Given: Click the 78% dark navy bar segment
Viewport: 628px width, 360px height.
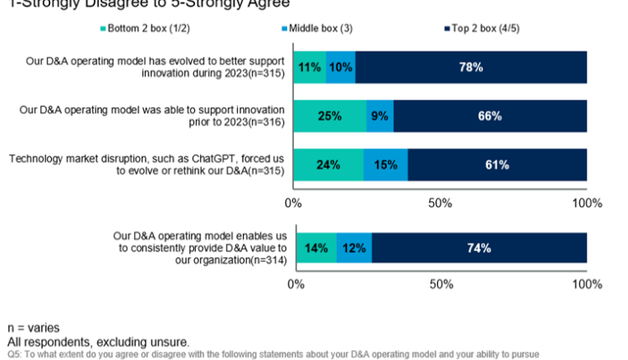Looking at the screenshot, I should pyautogui.click(x=471, y=67).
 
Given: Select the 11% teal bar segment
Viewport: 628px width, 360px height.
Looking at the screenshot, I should pyautogui.click(x=310, y=67).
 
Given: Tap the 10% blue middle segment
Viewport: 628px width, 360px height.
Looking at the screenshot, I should pyautogui.click(x=340, y=67).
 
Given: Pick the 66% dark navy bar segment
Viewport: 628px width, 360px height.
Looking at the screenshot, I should pyautogui.click(x=490, y=116).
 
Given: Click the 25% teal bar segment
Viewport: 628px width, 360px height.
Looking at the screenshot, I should pyautogui.click(x=330, y=116).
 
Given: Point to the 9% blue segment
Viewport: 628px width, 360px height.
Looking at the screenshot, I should pyautogui.click(x=380, y=116).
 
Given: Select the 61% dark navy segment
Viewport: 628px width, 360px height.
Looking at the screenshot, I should pyautogui.click(x=497, y=164).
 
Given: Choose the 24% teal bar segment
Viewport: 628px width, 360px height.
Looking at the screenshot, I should pyautogui.click(x=328, y=164).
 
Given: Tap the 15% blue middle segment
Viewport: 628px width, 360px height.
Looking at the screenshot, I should pyautogui.click(x=386, y=164).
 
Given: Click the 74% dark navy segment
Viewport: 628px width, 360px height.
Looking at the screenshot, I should pyautogui.click(x=479, y=248).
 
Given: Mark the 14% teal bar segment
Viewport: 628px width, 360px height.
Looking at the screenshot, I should pyautogui.click(x=316, y=248).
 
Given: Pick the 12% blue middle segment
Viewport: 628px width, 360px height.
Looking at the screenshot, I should pyautogui.click(x=354, y=248).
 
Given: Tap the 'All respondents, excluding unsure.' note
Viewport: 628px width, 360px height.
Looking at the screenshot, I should pyautogui.click(x=99, y=342).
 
